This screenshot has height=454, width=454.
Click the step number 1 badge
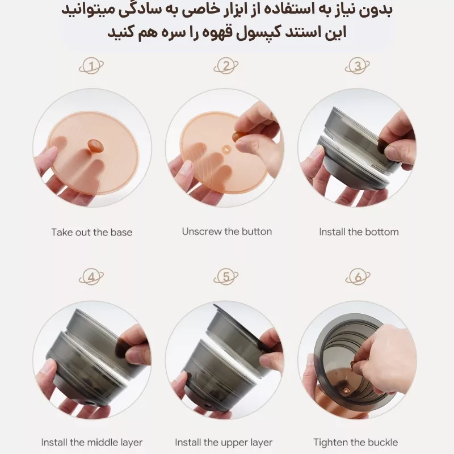tap(92, 66)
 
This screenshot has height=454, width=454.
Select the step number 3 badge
tap(358, 66)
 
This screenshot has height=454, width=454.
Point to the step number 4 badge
tap(92, 277)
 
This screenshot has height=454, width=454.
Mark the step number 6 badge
tap(358, 277)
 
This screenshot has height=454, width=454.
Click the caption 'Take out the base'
tap(91, 232)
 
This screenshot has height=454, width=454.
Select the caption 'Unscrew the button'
tap(226, 231)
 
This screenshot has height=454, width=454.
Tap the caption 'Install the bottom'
tap(358, 232)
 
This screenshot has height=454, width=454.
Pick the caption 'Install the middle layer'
tap(91, 442)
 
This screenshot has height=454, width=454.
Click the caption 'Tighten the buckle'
tap(355, 442)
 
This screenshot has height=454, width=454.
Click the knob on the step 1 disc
tap(94, 144)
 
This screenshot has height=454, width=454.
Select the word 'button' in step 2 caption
tap(257, 231)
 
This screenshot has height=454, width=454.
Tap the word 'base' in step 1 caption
tap(122, 232)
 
